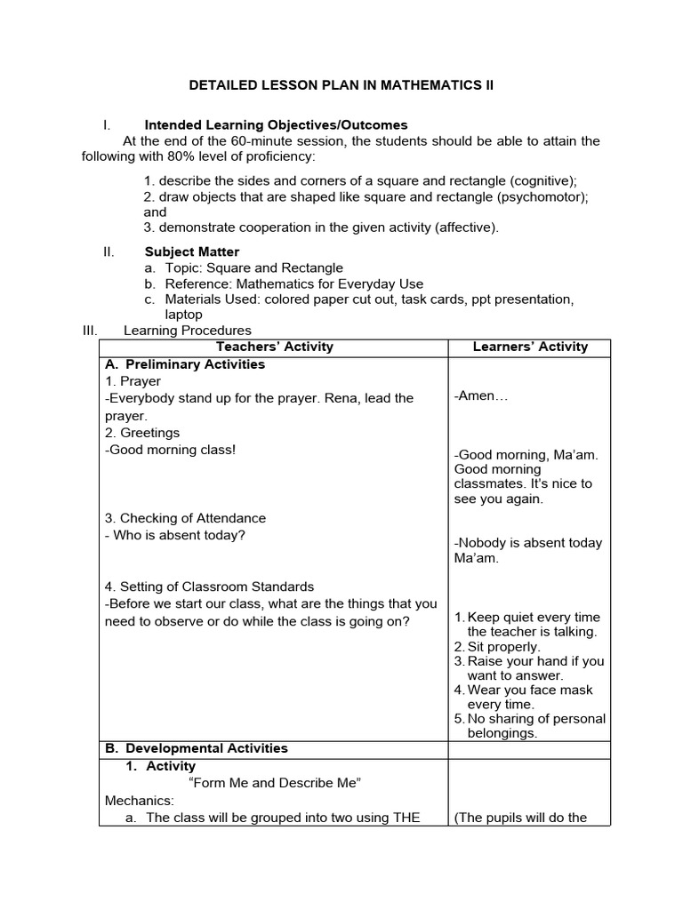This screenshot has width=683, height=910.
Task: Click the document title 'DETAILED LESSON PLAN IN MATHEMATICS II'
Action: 341,85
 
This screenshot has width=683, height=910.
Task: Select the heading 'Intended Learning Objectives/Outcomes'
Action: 276,125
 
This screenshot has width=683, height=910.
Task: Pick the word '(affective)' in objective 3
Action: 466,227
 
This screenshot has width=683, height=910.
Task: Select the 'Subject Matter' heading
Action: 192,251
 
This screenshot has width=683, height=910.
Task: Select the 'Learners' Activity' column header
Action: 530,347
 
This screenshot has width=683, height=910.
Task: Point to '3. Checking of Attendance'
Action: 185,518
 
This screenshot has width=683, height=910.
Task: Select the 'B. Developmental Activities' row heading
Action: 197,748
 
